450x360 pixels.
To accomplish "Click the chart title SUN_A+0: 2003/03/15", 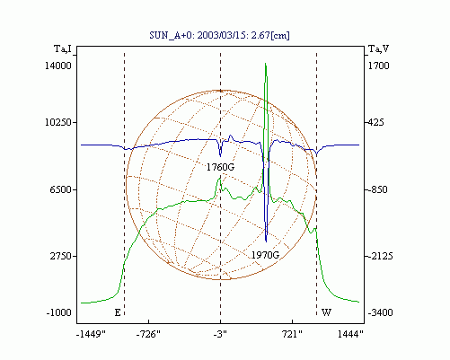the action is [x=219, y=35].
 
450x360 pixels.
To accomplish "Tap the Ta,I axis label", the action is [x=63, y=48].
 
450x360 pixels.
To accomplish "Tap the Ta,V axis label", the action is [x=378, y=48].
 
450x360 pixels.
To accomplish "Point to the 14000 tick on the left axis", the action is [x=58, y=66].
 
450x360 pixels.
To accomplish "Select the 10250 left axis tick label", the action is [x=58, y=122].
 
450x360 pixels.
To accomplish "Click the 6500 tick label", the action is [x=61, y=189].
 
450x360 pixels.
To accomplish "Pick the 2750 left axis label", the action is [x=61, y=256].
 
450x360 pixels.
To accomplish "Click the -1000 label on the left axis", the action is [x=59, y=312].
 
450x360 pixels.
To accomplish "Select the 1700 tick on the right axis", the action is [x=378, y=66].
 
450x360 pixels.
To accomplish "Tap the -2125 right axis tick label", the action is [x=380, y=256].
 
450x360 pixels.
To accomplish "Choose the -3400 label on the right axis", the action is [x=380, y=312].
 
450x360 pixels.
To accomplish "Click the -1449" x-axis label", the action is [x=91, y=334].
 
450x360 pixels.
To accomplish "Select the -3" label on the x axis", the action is [x=220, y=334].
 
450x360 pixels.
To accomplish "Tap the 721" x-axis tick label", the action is [x=292, y=334].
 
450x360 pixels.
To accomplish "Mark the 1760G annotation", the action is [x=220, y=167].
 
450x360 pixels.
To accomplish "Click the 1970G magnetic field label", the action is [x=265, y=255].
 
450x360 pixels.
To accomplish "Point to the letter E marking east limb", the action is [x=118, y=312].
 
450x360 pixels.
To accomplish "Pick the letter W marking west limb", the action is [x=326, y=312].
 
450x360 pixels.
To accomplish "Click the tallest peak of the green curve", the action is [x=266, y=64].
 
